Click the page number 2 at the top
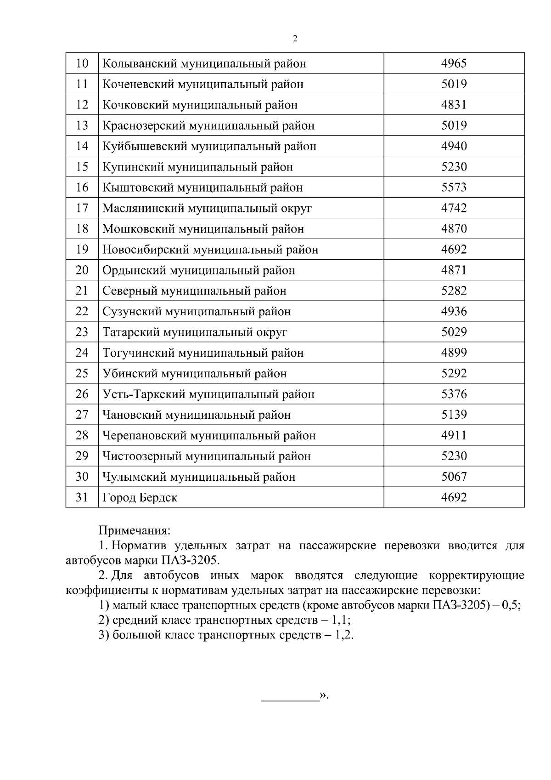[295, 39]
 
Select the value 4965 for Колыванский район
[454, 63]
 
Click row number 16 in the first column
[82, 188]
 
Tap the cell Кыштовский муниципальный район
[202, 188]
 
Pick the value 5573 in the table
[454, 188]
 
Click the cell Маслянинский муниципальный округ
[207, 208]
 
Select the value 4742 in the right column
[454, 208]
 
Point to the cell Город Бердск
[140, 497]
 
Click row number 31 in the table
[82, 497]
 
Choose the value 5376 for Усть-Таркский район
[454, 394]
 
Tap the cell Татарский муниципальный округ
[195, 332]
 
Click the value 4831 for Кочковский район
[454, 105]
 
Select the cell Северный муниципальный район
[194, 291]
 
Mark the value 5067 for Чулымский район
[454, 477]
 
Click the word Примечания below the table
[135, 530]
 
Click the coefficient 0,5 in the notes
[511, 605]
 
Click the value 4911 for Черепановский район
[454, 435]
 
